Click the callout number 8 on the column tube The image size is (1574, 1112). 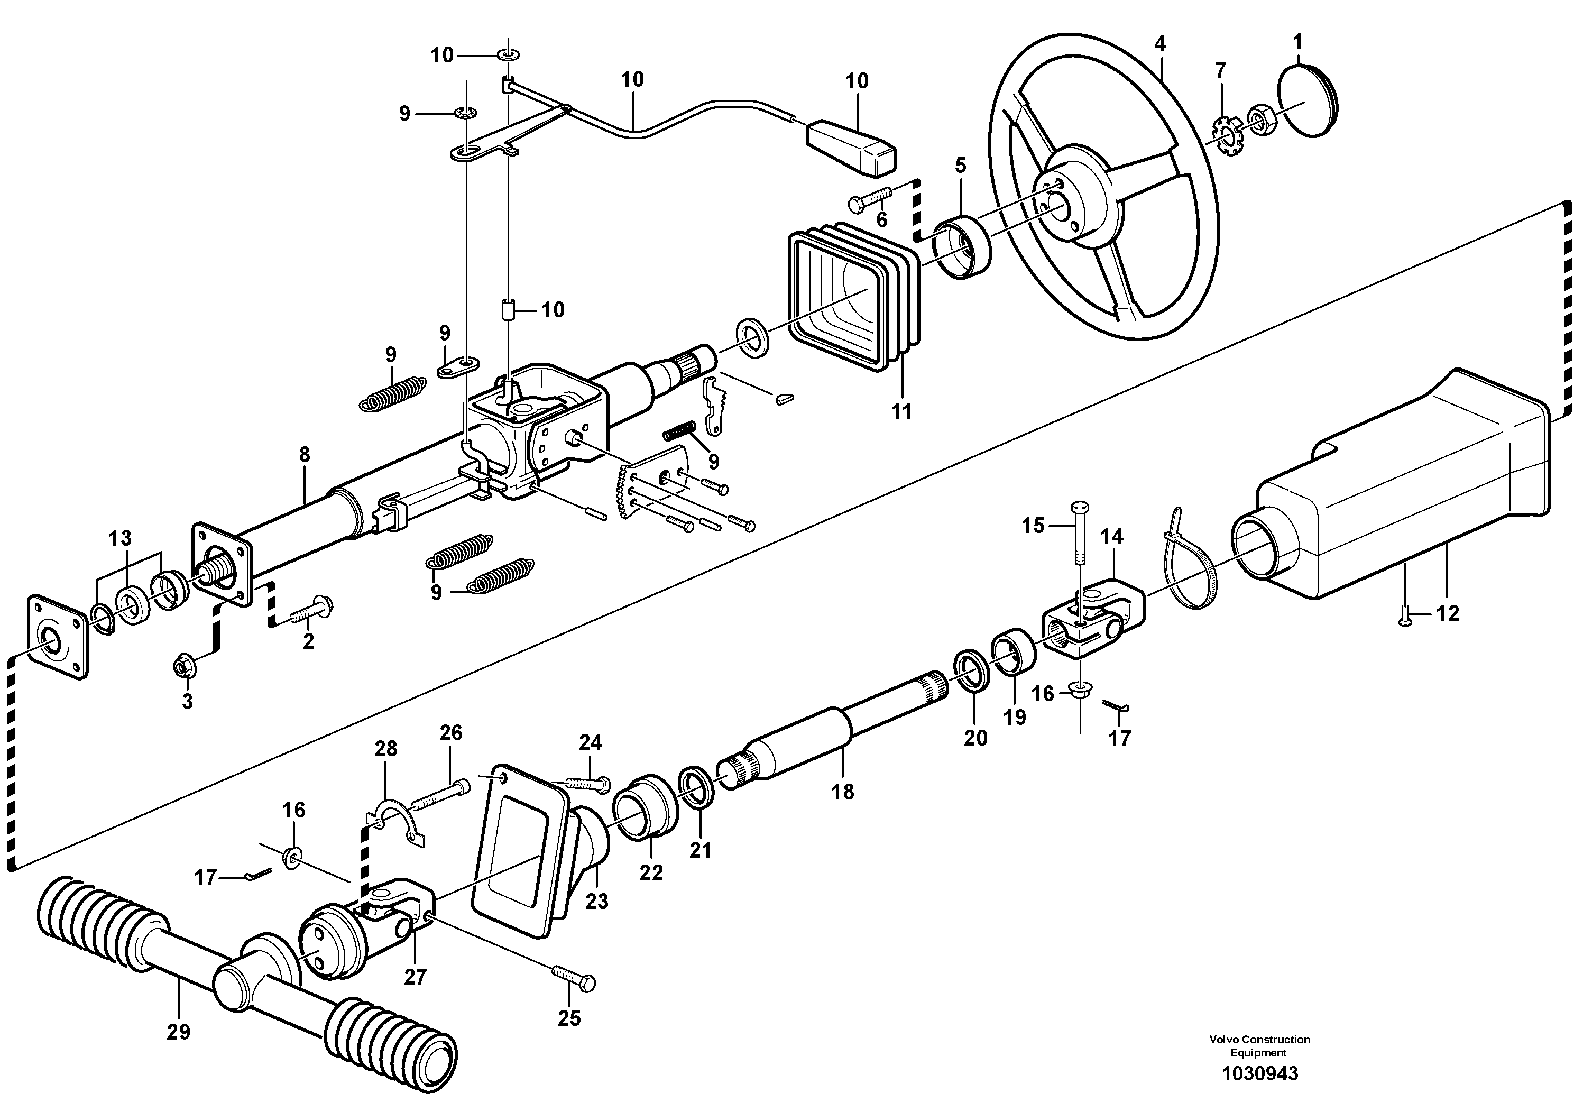(x=305, y=455)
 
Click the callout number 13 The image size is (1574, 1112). (x=120, y=538)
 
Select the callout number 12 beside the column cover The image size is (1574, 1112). (x=1448, y=613)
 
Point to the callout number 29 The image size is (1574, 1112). (x=178, y=1031)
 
